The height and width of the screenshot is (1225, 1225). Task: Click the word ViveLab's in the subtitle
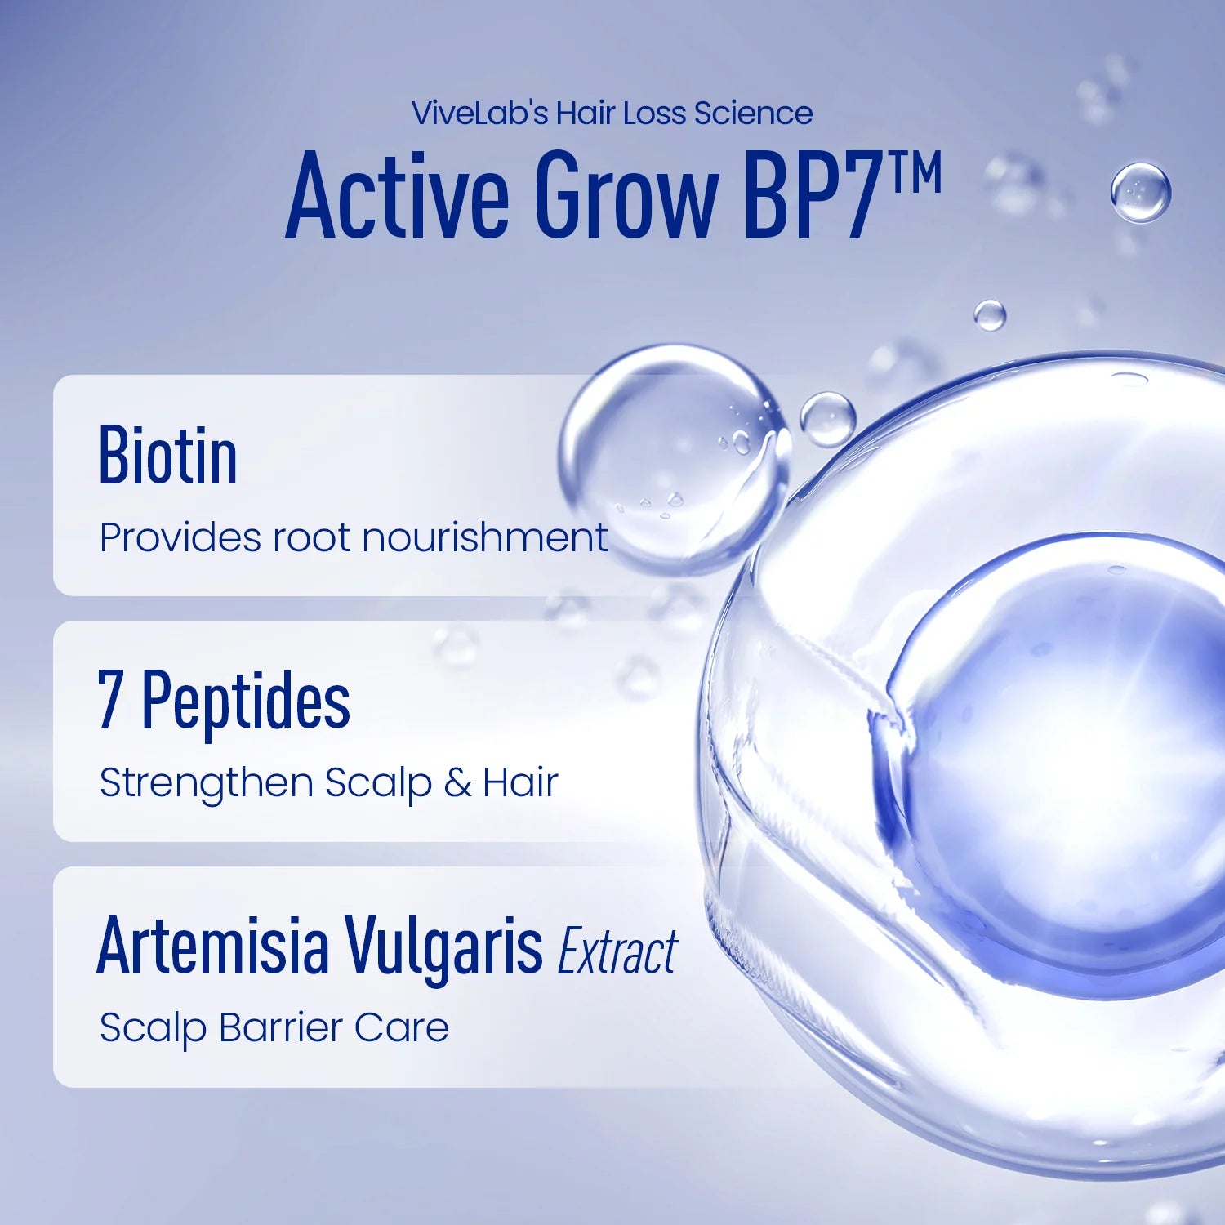(x=480, y=114)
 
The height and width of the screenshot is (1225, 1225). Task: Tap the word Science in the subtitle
(x=753, y=114)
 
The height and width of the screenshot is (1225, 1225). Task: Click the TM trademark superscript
(x=915, y=172)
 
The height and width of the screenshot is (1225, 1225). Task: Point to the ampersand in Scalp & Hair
(x=457, y=783)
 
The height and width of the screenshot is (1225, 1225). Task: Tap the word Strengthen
(x=207, y=783)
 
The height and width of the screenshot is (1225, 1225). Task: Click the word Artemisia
(x=213, y=947)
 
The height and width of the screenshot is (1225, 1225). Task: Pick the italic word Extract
(x=617, y=951)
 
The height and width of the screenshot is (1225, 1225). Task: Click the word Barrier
(x=280, y=1027)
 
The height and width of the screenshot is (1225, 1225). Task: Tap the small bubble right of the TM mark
(x=1140, y=193)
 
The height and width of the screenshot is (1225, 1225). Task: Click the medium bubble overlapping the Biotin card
(x=674, y=457)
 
